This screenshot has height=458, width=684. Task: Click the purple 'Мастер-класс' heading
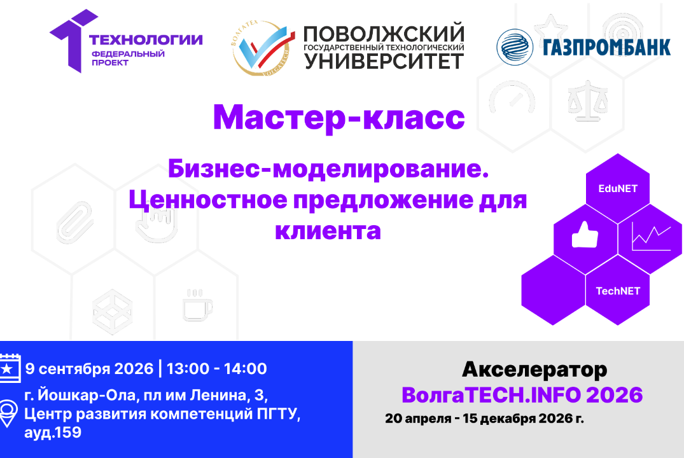pos(339,118)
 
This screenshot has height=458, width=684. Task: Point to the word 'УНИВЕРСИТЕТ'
pos(384,61)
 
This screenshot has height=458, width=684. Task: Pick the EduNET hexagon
pos(617,188)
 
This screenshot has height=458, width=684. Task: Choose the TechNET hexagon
pos(617,291)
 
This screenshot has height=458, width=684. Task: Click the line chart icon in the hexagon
pos(650,239)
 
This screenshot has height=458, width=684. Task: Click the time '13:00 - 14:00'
pos(216,368)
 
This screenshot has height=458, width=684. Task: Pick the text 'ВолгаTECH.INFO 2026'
pos(522,395)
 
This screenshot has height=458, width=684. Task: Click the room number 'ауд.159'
pos(53,433)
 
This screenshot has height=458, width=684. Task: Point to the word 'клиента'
pos(328,230)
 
